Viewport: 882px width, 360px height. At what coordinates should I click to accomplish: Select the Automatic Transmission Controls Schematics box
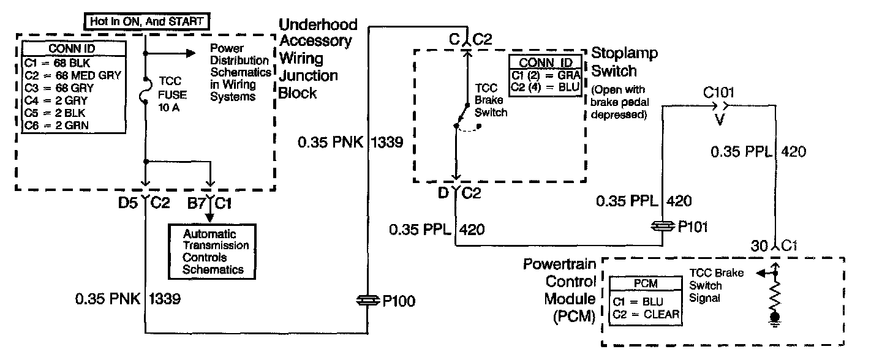213,251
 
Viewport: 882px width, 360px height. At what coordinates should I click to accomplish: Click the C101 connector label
718,92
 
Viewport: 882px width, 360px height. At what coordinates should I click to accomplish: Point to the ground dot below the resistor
775,318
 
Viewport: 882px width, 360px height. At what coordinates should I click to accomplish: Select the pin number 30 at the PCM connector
758,246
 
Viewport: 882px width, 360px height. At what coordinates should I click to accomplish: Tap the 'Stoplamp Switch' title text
624,62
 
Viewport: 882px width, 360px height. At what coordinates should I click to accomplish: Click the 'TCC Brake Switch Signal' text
715,285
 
